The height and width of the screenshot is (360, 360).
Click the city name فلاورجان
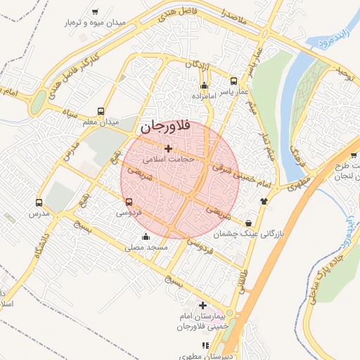click(x=165, y=127)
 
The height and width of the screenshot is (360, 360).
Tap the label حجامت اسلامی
click(x=168, y=160)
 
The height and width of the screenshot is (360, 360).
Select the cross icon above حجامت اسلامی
click(x=167, y=148)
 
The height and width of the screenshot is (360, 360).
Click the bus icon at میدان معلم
click(x=101, y=111)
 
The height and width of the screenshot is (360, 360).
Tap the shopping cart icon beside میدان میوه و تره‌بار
click(x=95, y=11)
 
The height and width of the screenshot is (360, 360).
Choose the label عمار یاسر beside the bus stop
click(x=234, y=91)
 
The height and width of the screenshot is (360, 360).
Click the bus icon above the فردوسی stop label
click(x=127, y=202)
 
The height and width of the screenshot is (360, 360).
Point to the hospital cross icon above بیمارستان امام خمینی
click(x=203, y=305)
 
